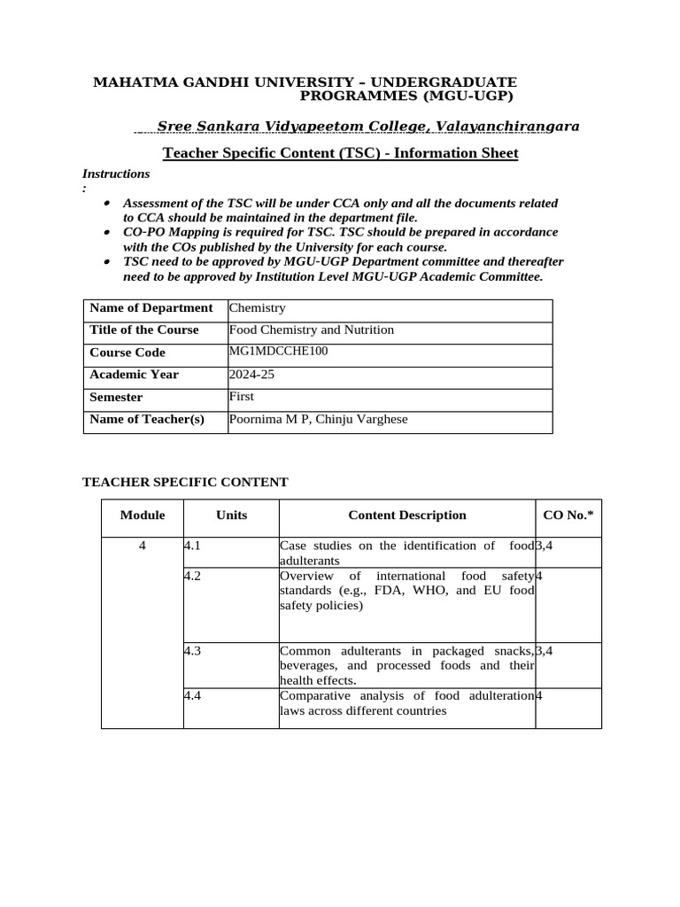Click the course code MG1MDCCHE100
tap(271, 351)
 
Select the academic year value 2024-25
tap(252, 375)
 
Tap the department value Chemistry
tap(257, 308)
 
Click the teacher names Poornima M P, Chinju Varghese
tap(318, 419)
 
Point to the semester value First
tap(241, 396)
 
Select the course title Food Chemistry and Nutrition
tap(311, 329)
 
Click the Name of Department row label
tap(151, 308)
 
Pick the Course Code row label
tap(127, 353)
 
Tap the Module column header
tap(143, 515)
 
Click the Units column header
tap(231, 515)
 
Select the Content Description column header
tap(406, 515)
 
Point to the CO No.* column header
tap(568, 515)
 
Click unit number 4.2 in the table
tap(193, 576)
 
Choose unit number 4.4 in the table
tap(193, 695)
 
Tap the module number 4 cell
tap(143, 546)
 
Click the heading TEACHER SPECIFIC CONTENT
tap(185, 482)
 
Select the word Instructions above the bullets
tap(116, 174)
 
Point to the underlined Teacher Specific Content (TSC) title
tap(340, 154)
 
